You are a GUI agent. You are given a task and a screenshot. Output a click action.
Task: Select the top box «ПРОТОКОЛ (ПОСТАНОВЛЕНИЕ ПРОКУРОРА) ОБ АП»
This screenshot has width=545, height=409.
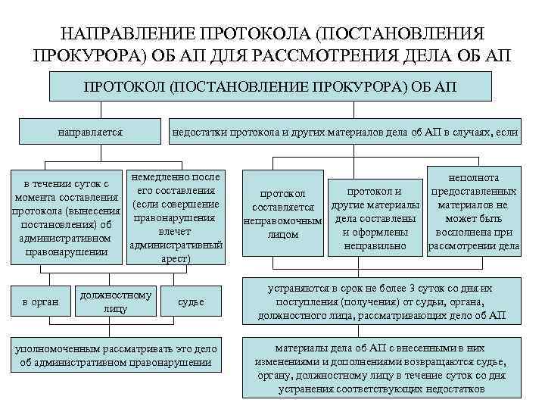point(272,88)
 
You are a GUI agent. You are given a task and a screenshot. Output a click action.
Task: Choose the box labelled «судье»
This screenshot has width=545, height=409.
point(190,302)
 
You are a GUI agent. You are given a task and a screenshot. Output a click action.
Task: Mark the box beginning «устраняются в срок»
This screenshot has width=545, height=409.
point(381,302)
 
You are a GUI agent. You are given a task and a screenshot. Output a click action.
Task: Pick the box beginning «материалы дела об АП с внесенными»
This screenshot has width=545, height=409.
point(381,367)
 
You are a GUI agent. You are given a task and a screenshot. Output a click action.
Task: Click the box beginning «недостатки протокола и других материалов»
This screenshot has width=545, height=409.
point(345,133)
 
